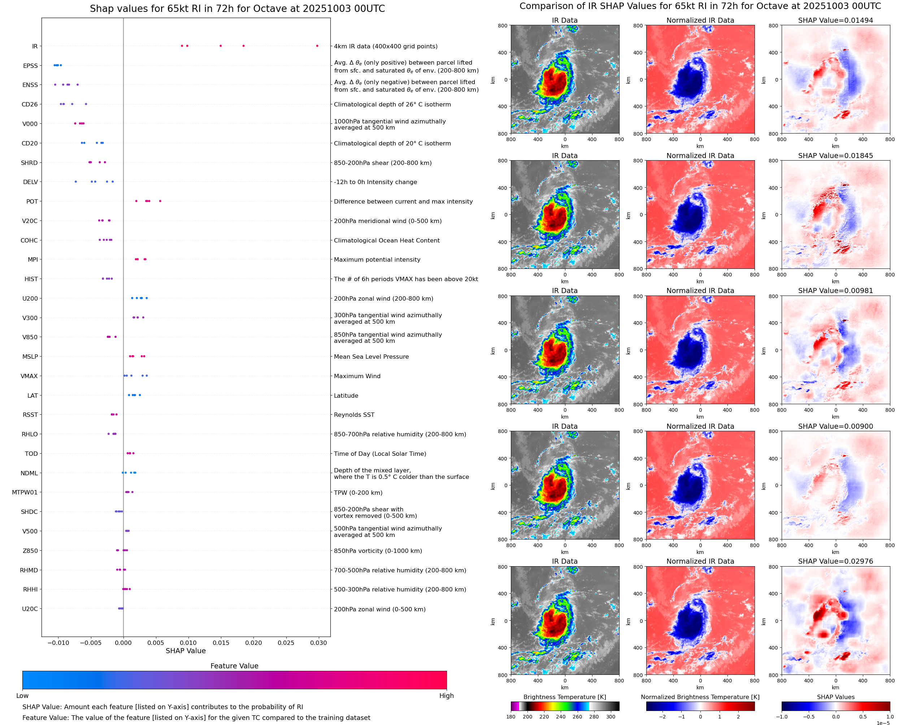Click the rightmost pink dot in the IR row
317,46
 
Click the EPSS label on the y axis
30,66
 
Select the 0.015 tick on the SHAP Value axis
221,643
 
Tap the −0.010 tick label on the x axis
58,643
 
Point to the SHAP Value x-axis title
186,651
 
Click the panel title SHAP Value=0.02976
835,561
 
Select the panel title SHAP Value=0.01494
835,20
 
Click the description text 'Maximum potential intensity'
377,260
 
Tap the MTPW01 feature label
25,492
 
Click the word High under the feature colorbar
446,695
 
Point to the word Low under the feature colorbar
22,695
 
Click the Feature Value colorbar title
234,666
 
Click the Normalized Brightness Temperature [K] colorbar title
700,697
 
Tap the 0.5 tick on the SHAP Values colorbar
863,717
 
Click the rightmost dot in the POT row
160,201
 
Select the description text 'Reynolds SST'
354,415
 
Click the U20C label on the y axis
30,609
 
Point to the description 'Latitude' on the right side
346,396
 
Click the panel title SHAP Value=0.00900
835,426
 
